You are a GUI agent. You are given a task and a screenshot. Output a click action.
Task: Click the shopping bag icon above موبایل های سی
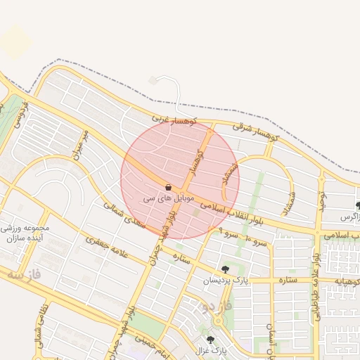[168, 188]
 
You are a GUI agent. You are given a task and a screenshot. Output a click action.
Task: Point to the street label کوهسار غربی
[172, 122]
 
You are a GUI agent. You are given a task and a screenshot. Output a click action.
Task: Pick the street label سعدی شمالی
[124, 216]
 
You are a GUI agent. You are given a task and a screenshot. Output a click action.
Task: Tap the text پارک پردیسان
[226, 281]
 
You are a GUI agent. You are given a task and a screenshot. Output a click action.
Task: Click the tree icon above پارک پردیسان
[225, 269]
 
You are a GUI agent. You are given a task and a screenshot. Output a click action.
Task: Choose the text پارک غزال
[210, 349]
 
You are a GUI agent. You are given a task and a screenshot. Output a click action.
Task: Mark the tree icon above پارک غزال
[210, 339]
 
